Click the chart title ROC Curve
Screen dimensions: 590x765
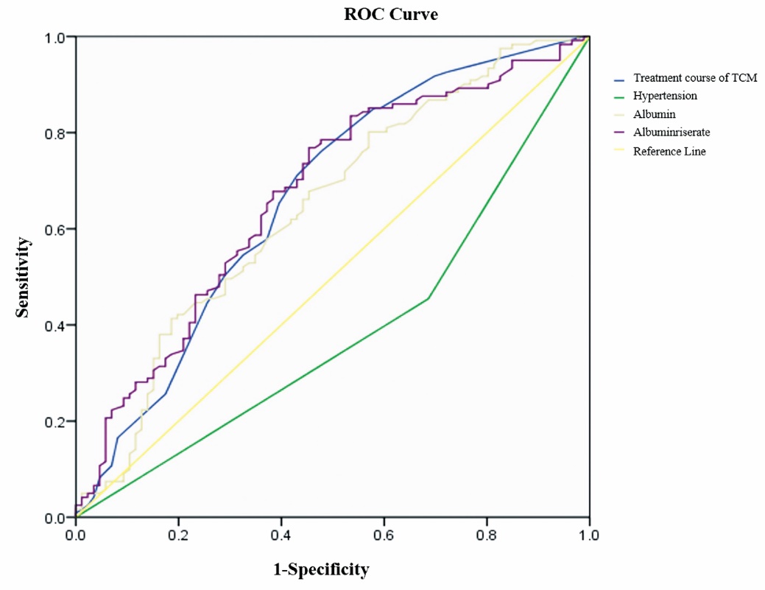[391, 14]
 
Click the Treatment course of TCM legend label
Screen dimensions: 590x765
[694, 78]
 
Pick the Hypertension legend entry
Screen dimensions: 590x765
[665, 96]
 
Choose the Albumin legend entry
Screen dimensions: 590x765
[654, 114]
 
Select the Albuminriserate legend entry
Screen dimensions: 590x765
[671, 133]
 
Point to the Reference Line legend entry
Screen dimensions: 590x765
[669, 151]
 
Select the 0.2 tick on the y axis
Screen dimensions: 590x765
[54, 421]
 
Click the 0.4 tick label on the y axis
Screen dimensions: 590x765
[54, 326]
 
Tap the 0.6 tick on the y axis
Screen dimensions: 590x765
[54, 229]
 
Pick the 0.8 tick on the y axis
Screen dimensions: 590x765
[54, 133]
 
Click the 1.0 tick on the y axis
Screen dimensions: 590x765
[54, 37]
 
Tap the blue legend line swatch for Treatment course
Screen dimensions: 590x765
[619, 79]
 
